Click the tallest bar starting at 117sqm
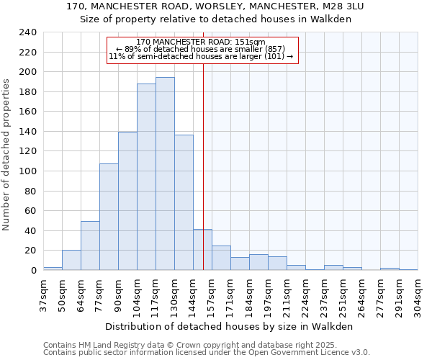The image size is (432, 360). pos(165,174)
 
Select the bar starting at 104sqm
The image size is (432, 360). pos(146,176)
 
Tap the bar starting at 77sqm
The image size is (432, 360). pos(109,217)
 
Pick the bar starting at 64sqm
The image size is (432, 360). pos(90,246)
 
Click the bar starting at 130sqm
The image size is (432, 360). pos(184,202)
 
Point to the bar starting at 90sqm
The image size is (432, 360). pos(127,201)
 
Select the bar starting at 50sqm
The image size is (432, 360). pos(71,260)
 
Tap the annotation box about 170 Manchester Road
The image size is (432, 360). pos(202,49)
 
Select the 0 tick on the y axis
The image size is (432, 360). pos(33,271)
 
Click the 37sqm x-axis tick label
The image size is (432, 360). pos(42,293)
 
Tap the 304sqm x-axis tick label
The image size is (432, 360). pos(417,294)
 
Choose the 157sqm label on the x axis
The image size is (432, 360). pos(212,294)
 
